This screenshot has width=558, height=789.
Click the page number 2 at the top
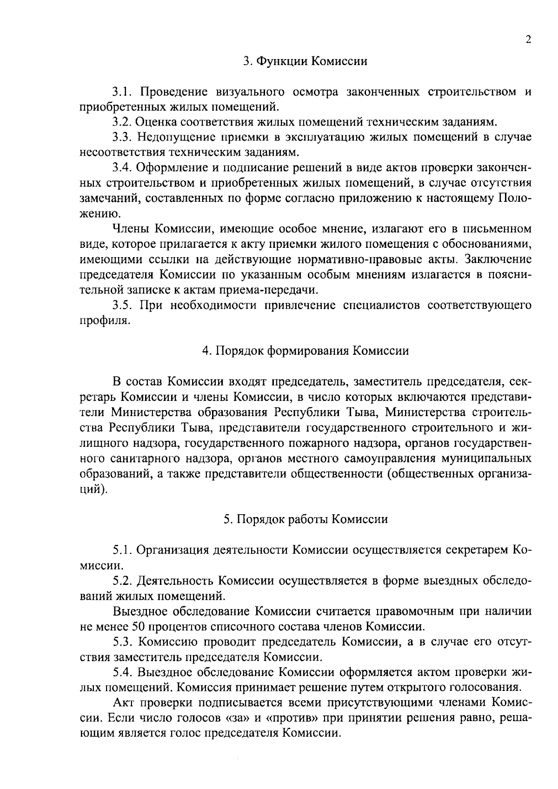point(528,40)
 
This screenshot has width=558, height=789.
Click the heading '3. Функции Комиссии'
point(306,61)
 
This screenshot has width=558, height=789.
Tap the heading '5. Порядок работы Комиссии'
point(306,519)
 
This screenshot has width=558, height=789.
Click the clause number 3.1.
point(123,92)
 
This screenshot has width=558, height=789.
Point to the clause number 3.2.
point(123,122)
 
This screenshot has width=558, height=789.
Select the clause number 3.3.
point(123,137)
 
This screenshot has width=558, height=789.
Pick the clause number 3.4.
point(123,168)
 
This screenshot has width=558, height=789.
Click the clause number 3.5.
point(123,305)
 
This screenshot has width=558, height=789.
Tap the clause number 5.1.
point(123,550)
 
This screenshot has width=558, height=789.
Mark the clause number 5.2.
point(123,581)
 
